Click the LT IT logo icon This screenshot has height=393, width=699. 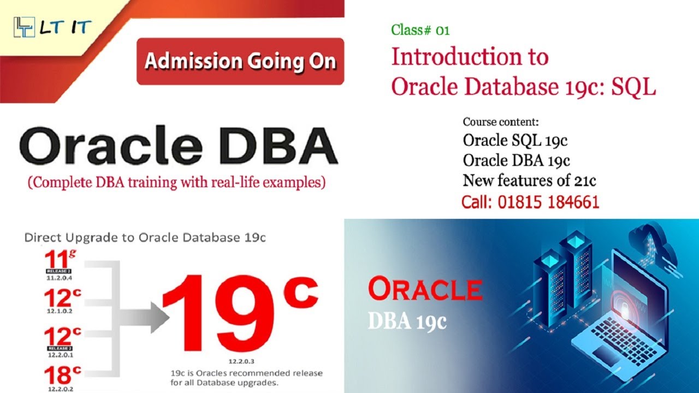click(x=23, y=27)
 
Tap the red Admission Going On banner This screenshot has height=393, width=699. click(x=240, y=61)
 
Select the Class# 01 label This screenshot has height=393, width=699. click(x=420, y=30)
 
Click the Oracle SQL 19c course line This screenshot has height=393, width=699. click(x=515, y=140)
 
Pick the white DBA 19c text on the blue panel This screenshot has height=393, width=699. click(x=407, y=321)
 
